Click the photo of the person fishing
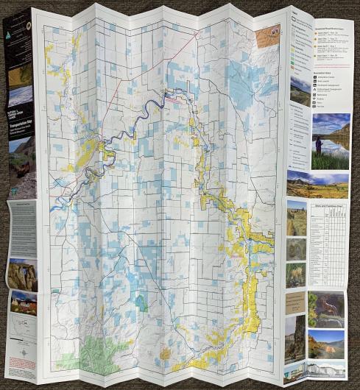point(331,140)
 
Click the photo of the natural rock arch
point(22,273)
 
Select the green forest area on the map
point(92,353)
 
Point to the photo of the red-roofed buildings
point(23,302)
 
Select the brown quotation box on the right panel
point(295,302)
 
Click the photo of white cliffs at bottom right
point(326,367)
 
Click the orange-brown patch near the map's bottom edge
point(165,353)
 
